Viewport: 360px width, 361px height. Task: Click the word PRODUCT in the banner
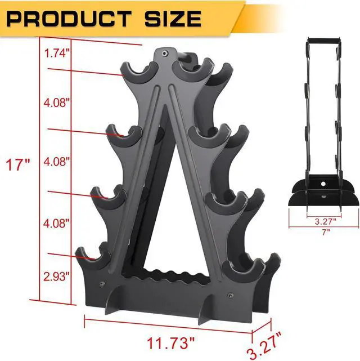tap(69, 19)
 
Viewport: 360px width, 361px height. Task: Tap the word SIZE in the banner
tap(173, 19)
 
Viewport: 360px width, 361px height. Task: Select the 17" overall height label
tap(17, 164)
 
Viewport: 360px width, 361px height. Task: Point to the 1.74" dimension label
tap(57, 54)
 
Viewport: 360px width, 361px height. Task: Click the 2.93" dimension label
tap(56, 277)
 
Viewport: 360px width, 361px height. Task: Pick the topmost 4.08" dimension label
tap(56, 102)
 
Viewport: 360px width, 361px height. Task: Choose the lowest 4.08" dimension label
tap(56, 223)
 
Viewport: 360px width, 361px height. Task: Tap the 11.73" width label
tap(171, 343)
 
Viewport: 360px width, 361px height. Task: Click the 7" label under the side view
tap(326, 232)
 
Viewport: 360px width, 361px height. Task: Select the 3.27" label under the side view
tap(325, 221)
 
